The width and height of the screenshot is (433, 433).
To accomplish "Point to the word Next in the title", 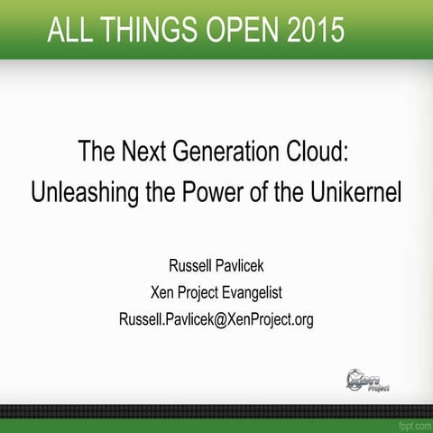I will point(140,150).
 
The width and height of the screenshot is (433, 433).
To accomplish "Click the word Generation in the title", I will point(222,150).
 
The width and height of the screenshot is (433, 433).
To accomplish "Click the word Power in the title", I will point(198,191).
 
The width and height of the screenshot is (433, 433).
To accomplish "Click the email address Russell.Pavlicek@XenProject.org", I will point(216,319).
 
